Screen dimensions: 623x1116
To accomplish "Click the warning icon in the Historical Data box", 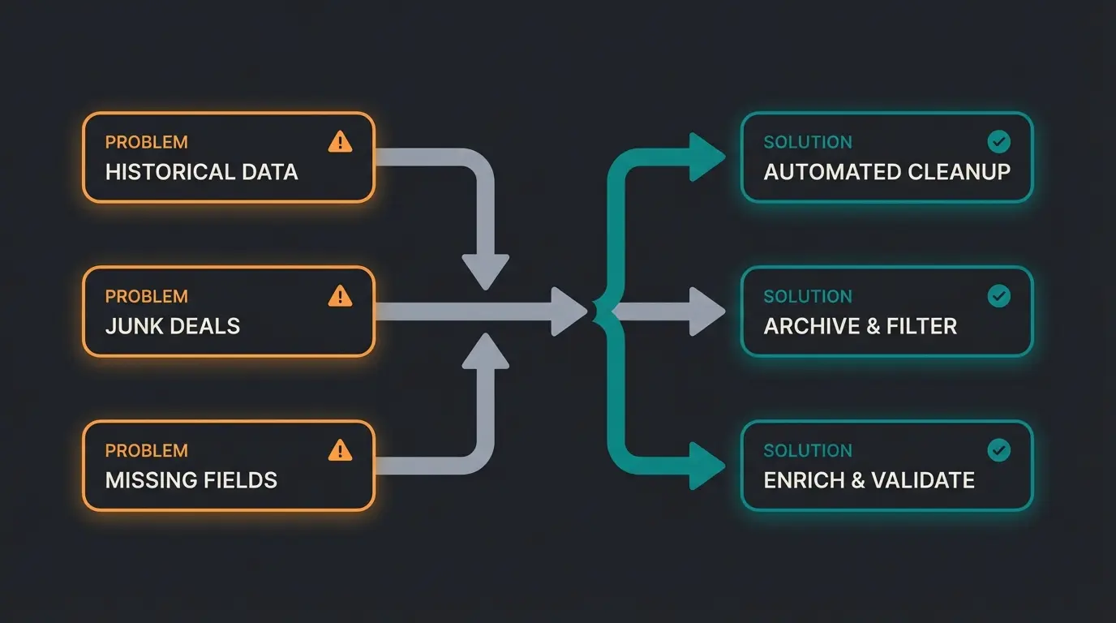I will (x=340, y=143).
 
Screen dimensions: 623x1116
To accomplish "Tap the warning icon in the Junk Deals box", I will (x=340, y=296).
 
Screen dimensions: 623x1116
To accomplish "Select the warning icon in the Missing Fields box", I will (x=340, y=450).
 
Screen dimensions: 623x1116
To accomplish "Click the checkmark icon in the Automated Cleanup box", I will (x=998, y=143).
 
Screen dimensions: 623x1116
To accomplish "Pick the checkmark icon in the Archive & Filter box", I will (x=998, y=296).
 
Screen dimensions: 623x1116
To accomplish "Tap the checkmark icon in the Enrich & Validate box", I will (x=998, y=450).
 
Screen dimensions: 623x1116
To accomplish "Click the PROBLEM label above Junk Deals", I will (x=146, y=297).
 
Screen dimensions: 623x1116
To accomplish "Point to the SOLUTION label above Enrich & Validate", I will (x=807, y=451).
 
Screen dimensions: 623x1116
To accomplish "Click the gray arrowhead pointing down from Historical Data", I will (x=485, y=270).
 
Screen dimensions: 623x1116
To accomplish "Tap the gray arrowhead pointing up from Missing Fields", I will (x=485, y=350).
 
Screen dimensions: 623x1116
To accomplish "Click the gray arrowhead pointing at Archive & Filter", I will (x=705, y=311).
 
